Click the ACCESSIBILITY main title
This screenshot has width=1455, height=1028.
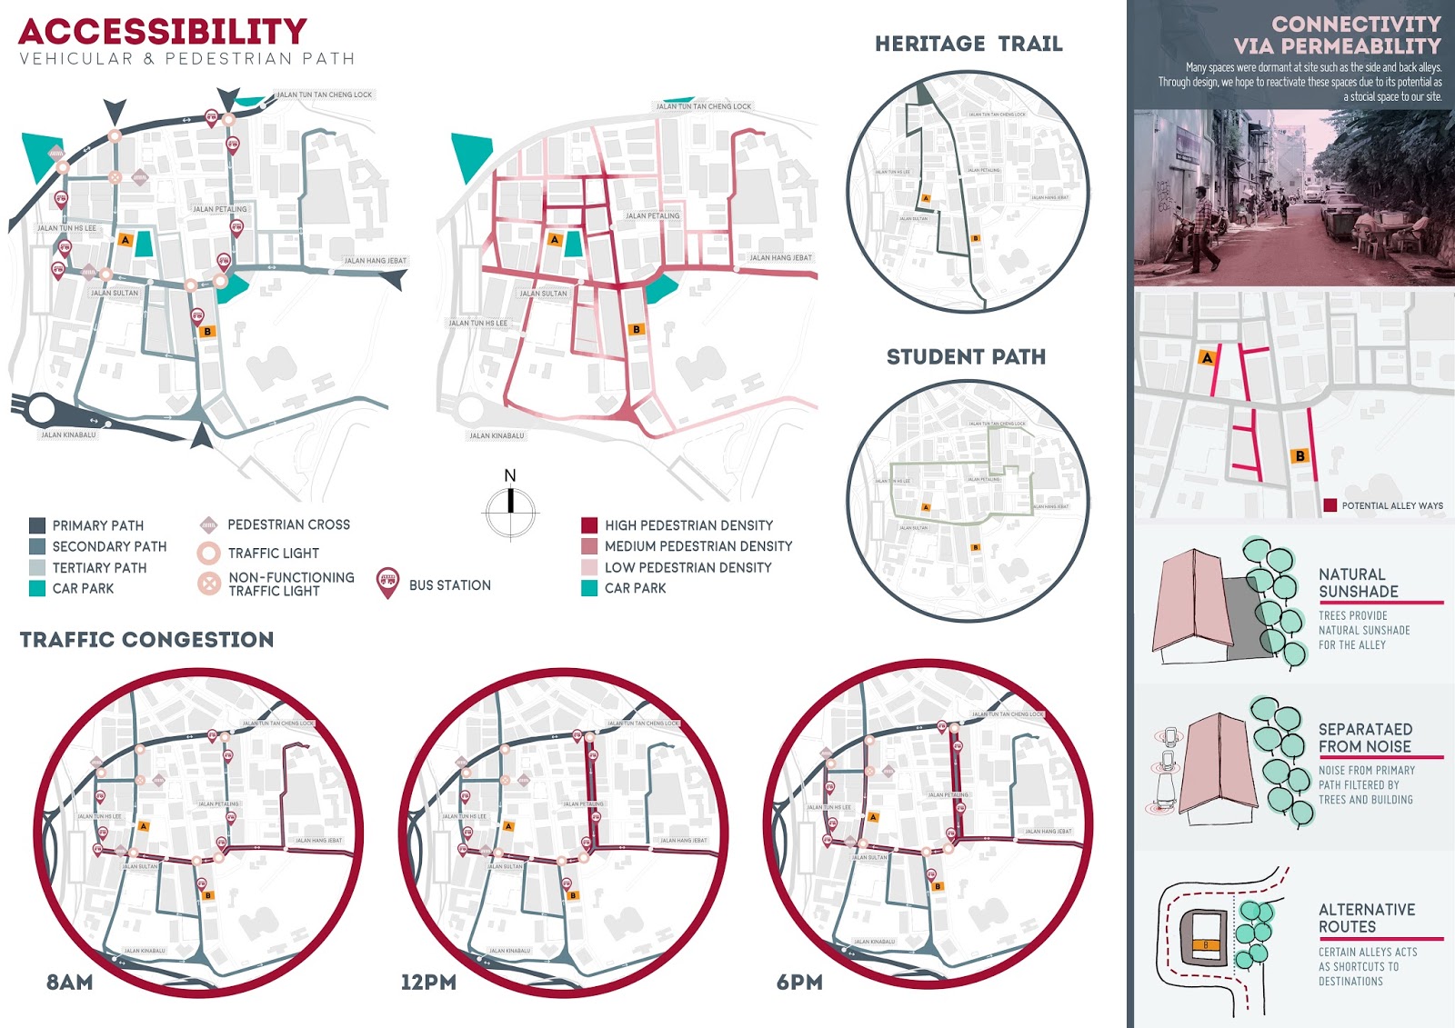pyautogui.click(x=163, y=32)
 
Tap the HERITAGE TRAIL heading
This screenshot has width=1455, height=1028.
pyautogui.click(x=968, y=44)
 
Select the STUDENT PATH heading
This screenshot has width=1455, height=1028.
pyautogui.click(x=966, y=357)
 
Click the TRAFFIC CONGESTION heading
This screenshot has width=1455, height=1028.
pyautogui.click(x=146, y=640)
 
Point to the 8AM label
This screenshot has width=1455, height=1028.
pyautogui.click(x=70, y=983)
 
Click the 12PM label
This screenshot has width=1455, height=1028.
pyautogui.click(x=428, y=983)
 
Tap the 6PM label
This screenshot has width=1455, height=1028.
pyautogui.click(x=799, y=983)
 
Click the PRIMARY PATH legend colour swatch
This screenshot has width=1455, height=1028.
pyautogui.click(x=37, y=525)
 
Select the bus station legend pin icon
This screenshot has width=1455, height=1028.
pyautogui.click(x=387, y=584)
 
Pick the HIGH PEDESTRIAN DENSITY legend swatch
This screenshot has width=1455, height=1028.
pyautogui.click(x=589, y=525)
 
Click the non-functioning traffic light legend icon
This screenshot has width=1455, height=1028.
pyautogui.click(x=209, y=584)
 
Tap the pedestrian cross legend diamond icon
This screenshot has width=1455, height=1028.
pyautogui.click(x=208, y=524)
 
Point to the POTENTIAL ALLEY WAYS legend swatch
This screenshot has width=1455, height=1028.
pyautogui.click(x=1330, y=505)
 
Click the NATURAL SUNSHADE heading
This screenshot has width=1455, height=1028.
pyautogui.click(x=1359, y=583)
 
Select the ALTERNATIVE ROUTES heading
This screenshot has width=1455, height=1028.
pyautogui.click(x=1367, y=918)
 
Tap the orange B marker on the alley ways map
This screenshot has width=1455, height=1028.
pyautogui.click(x=1300, y=456)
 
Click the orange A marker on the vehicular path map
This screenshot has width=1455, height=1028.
pyautogui.click(x=125, y=240)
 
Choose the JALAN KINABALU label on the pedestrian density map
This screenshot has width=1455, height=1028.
pyautogui.click(x=497, y=436)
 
